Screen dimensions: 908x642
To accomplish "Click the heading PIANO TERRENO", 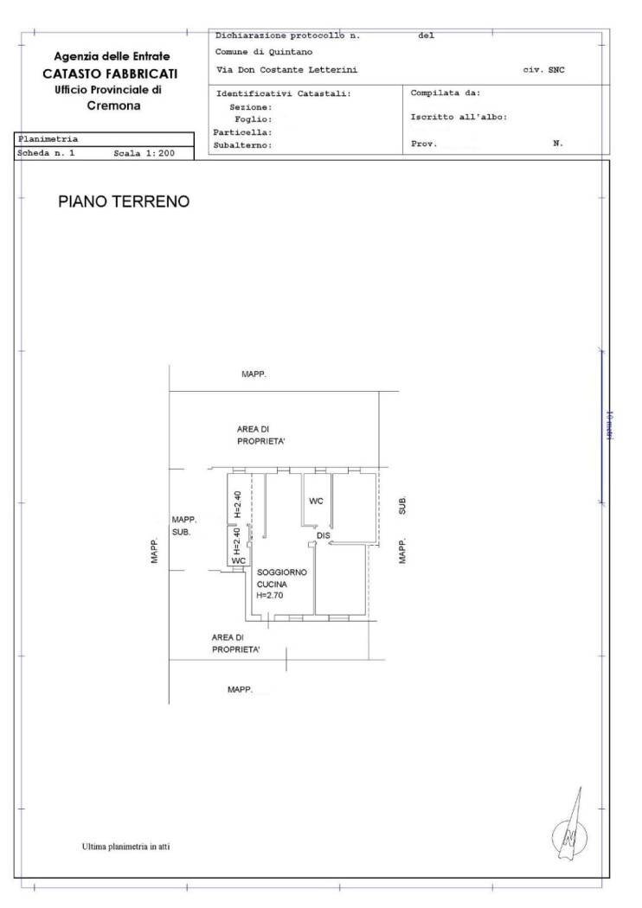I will point(123,201).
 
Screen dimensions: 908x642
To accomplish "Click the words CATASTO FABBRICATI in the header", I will point(112,74).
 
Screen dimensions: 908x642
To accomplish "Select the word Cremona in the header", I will point(114,106).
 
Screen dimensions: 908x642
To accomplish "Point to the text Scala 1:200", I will point(144,152).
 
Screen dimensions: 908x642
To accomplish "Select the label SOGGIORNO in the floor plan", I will point(282,572).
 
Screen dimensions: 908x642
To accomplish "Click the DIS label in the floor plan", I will point(324,536).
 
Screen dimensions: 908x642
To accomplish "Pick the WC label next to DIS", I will point(316,502).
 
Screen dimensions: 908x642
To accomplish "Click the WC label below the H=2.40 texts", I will point(239,560).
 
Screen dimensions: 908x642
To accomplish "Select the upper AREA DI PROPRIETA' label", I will point(261,434).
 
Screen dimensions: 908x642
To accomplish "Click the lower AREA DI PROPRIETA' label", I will point(236,643).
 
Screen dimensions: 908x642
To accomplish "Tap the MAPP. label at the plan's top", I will point(254,374).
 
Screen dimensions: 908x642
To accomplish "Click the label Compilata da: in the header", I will point(446,93).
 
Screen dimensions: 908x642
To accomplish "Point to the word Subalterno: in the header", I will point(244,145).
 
